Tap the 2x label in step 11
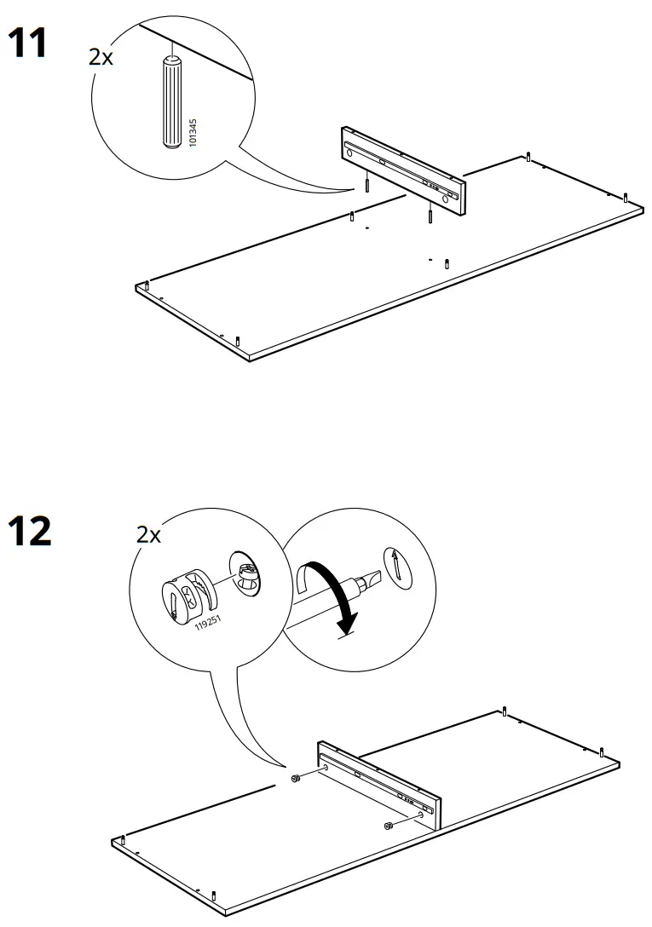pos(101,57)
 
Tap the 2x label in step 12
pos(148,535)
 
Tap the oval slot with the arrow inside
pos(397,566)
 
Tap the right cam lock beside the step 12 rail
pos(388,825)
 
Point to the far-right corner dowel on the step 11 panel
pos(626,197)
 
